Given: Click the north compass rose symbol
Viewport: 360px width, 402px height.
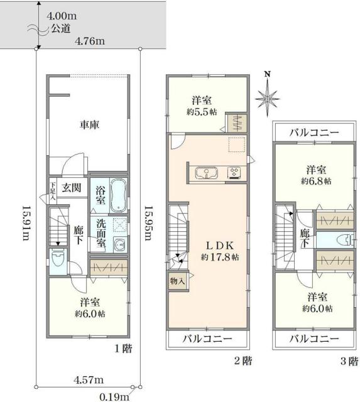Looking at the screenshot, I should pyautogui.click(x=268, y=97).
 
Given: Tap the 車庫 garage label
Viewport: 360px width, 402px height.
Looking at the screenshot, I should pyautogui.click(x=90, y=124).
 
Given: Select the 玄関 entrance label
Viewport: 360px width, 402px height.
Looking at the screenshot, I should pyautogui.click(x=71, y=187).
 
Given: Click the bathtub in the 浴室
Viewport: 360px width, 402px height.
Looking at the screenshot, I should pyautogui.click(x=118, y=195).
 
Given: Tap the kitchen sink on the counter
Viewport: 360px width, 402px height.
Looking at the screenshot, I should pyautogui.click(x=207, y=172).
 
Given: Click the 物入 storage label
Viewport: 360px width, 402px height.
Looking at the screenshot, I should pyautogui.click(x=177, y=281).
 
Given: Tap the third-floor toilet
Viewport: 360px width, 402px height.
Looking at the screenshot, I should pyautogui.click(x=340, y=239).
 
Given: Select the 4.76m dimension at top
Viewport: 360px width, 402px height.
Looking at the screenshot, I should pyautogui.click(x=89, y=41).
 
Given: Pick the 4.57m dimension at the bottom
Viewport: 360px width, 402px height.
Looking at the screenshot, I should pyautogui.click(x=90, y=379).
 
